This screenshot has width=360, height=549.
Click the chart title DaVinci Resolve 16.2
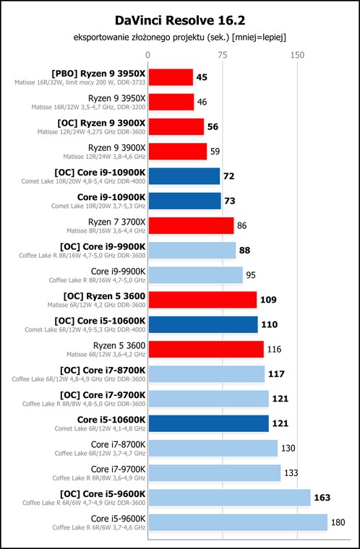point(180,21)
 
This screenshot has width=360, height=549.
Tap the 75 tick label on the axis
point(222,55)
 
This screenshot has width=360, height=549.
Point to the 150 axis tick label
point(297,55)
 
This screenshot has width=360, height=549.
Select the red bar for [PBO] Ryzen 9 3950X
point(171,77)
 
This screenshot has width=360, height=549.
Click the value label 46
point(202,102)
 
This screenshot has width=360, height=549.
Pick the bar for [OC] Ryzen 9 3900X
point(176,126)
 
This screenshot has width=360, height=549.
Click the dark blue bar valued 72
point(184,176)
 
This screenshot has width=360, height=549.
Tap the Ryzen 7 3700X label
point(116,222)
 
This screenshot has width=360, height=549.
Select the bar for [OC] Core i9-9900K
point(192,251)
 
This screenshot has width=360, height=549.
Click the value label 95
point(251,275)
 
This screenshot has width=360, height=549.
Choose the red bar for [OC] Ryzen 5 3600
point(202,300)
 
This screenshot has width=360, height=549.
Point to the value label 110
point(269,324)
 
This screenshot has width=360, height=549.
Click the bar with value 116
point(206,350)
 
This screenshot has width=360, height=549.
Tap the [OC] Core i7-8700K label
point(103,370)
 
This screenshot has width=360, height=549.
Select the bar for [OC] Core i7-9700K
point(209,399)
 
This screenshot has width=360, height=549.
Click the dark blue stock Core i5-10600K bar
point(209,423)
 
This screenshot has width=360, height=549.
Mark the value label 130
point(288,448)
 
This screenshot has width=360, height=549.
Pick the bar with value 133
point(215,473)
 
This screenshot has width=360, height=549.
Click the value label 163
point(322,498)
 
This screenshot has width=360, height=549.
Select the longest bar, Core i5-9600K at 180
point(238,523)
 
